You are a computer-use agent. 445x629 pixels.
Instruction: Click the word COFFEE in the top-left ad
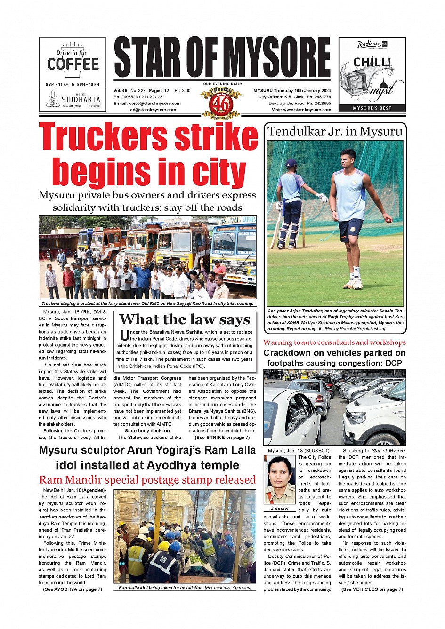(x=73, y=64)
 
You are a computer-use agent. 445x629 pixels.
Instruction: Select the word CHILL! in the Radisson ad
(x=372, y=62)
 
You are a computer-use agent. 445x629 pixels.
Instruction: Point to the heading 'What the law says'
(x=185, y=319)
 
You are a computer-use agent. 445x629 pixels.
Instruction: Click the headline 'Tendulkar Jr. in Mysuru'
(x=335, y=131)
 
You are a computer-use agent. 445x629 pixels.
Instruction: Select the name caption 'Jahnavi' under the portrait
(x=279, y=509)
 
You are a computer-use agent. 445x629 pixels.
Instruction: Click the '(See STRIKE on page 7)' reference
(x=222, y=438)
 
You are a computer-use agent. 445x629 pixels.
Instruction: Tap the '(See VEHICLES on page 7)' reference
(x=372, y=589)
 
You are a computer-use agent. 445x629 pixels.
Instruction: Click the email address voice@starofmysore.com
(x=155, y=104)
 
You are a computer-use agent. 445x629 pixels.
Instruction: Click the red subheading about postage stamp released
(x=147, y=480)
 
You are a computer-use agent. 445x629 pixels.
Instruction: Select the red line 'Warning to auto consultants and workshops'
(x=334, y=342)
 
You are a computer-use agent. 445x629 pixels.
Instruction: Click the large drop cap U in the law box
(x=124, y=335)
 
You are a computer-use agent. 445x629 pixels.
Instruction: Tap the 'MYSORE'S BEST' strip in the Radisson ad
(x=372, y=108)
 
